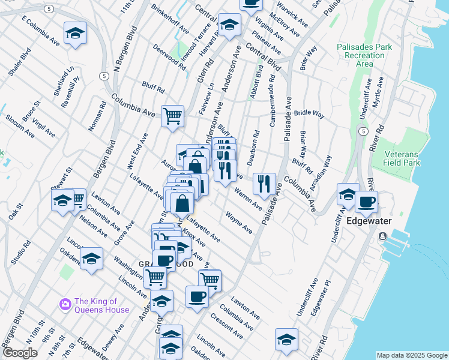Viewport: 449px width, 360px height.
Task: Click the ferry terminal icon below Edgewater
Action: pyautogui.click(x=382, y=236)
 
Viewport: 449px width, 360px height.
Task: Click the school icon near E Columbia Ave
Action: pyautogui.click(x=75, y=34)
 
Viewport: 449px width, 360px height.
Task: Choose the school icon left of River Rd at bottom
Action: pyautogui.click(x=286, y=340)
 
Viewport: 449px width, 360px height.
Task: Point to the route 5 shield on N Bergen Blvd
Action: pyautogui.click(x=104, y=76)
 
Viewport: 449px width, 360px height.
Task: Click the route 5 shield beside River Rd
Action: pyautogui.click(x=363, y=131)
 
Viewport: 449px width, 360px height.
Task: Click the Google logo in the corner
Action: pyautogui.click(x=20, y=353)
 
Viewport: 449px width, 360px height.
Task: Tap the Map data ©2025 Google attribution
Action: pyautogui.click(x=411, y=355)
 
